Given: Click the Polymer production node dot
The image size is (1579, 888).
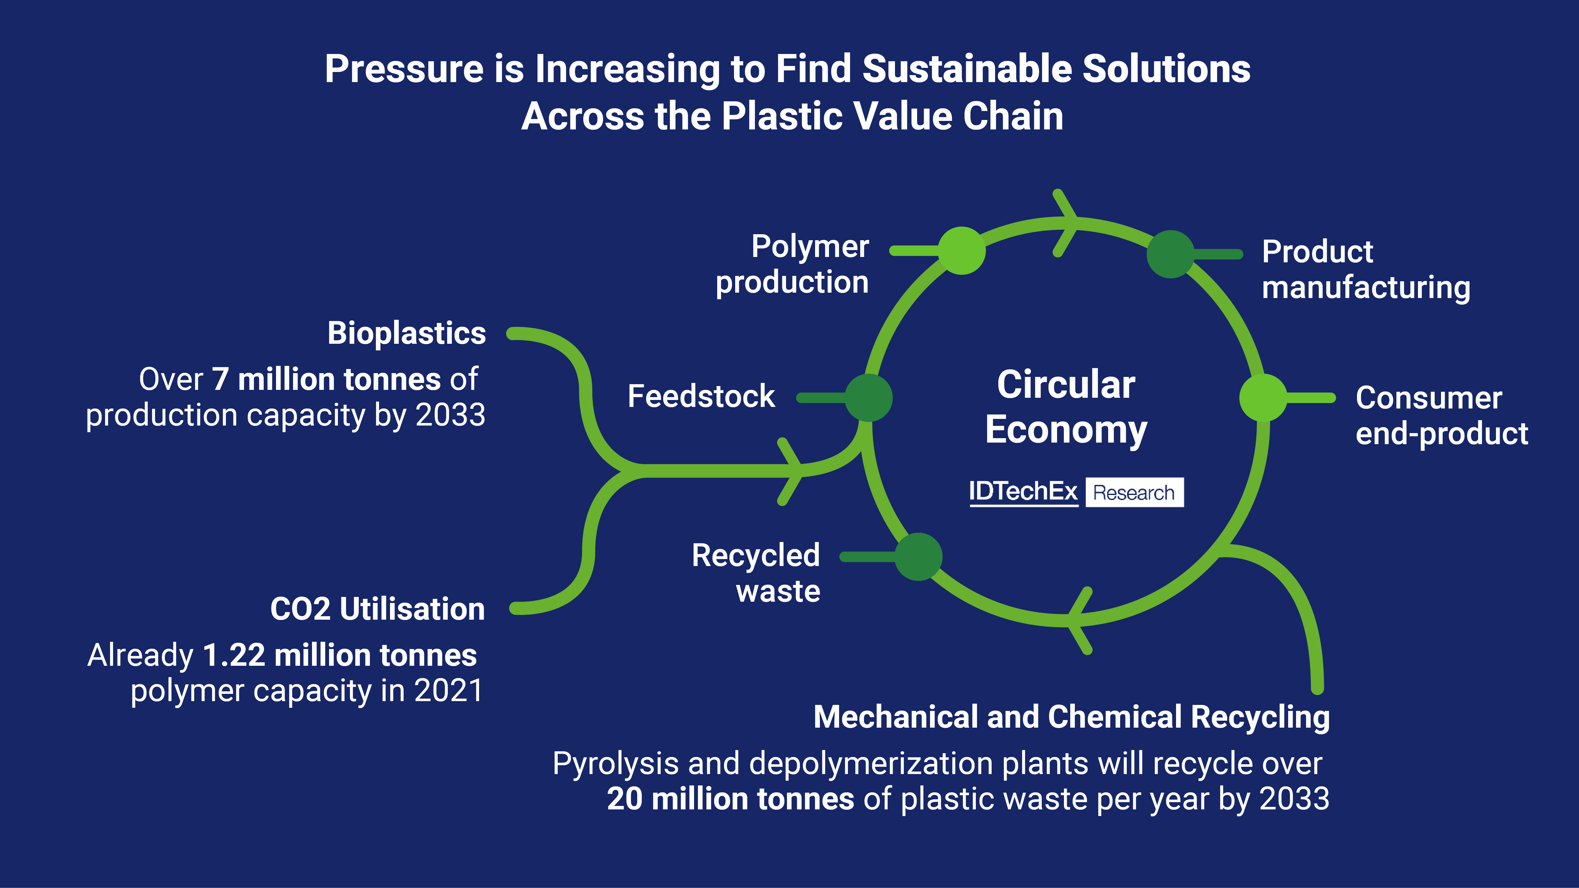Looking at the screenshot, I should pyautogui.click(x=962, y=251).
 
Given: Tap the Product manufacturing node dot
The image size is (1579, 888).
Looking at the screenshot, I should pyautogui.click(x=1170, y=254).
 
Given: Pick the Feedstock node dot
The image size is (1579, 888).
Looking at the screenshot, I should pyautogui.click(x=868, y=398).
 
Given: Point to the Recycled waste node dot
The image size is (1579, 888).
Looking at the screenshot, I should pyautogui.click(x=918, y=557).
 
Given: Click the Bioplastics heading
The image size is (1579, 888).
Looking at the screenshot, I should pyautogui.click(x=406, y=333).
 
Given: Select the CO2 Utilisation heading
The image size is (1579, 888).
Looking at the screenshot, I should pyautogui.click(x=378, y=609).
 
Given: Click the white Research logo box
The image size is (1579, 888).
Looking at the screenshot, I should pyautogui.click(x=1134, y=492).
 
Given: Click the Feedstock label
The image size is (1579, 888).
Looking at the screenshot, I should pyautogui.click(x=701, y=396).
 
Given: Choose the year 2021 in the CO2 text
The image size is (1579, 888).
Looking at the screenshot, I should pyautogui.click(x=449, y=691).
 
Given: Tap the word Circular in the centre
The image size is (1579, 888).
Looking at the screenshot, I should pyautogui.click(x=1066, y=385).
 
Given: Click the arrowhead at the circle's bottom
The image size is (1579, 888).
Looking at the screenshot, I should pyautogui.click(x=1077, y=620).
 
